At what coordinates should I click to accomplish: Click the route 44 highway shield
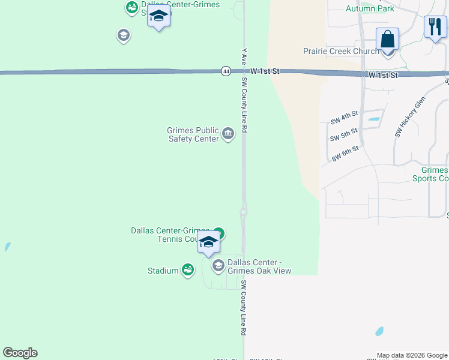click(225, 71)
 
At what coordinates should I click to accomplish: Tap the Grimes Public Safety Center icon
click(228, 134)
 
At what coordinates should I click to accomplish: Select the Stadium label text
click(163, 271)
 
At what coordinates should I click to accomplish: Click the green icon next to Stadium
click(188, 271)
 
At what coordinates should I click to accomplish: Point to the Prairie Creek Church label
click(341, 52)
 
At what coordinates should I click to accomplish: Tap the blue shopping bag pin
click(388, 40)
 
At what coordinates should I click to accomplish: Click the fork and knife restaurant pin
click(435, 27)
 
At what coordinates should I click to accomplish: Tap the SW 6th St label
click(345, 153)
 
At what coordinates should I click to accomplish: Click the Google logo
click(20, 353)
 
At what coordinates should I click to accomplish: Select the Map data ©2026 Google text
click(412, 356)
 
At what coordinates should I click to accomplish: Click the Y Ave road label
click(244, 57)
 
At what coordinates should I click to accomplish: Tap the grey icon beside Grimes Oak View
click(218, 265)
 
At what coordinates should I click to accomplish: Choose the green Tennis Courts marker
click(219, 233)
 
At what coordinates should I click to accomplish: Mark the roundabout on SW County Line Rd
click(244, 212)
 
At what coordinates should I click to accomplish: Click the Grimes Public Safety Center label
click(193, 134)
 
